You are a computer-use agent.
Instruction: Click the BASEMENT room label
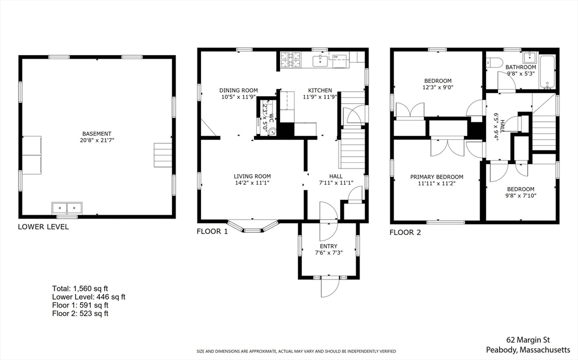pos(97,134)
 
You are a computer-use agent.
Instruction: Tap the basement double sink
pos(67,208)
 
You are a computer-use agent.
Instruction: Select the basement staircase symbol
pos(163,154)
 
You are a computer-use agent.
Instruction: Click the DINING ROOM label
pos(239,90)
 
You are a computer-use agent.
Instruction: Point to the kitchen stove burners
pos(291,60)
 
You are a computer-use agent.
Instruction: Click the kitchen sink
pos(321,61)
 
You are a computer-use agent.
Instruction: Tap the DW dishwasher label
pos(335,57)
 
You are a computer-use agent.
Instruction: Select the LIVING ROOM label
pos(252,176)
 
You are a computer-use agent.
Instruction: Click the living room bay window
pos(252,226)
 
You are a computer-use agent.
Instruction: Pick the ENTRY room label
pos(329,246)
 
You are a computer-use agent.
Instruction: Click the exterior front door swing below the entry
pos(330,287)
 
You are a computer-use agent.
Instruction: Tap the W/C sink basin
pos(273,131)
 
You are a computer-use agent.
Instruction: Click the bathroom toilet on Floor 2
pos(494,63)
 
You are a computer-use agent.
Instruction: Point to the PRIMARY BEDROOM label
pos(437,177)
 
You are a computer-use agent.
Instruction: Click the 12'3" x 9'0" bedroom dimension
pos(438,87)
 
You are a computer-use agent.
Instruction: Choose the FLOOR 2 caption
pos(405,232)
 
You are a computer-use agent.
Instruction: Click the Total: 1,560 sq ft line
pos(80,288)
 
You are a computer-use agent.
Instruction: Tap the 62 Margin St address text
pos(528,340)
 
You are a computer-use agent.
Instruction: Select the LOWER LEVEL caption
pos(43,226)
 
